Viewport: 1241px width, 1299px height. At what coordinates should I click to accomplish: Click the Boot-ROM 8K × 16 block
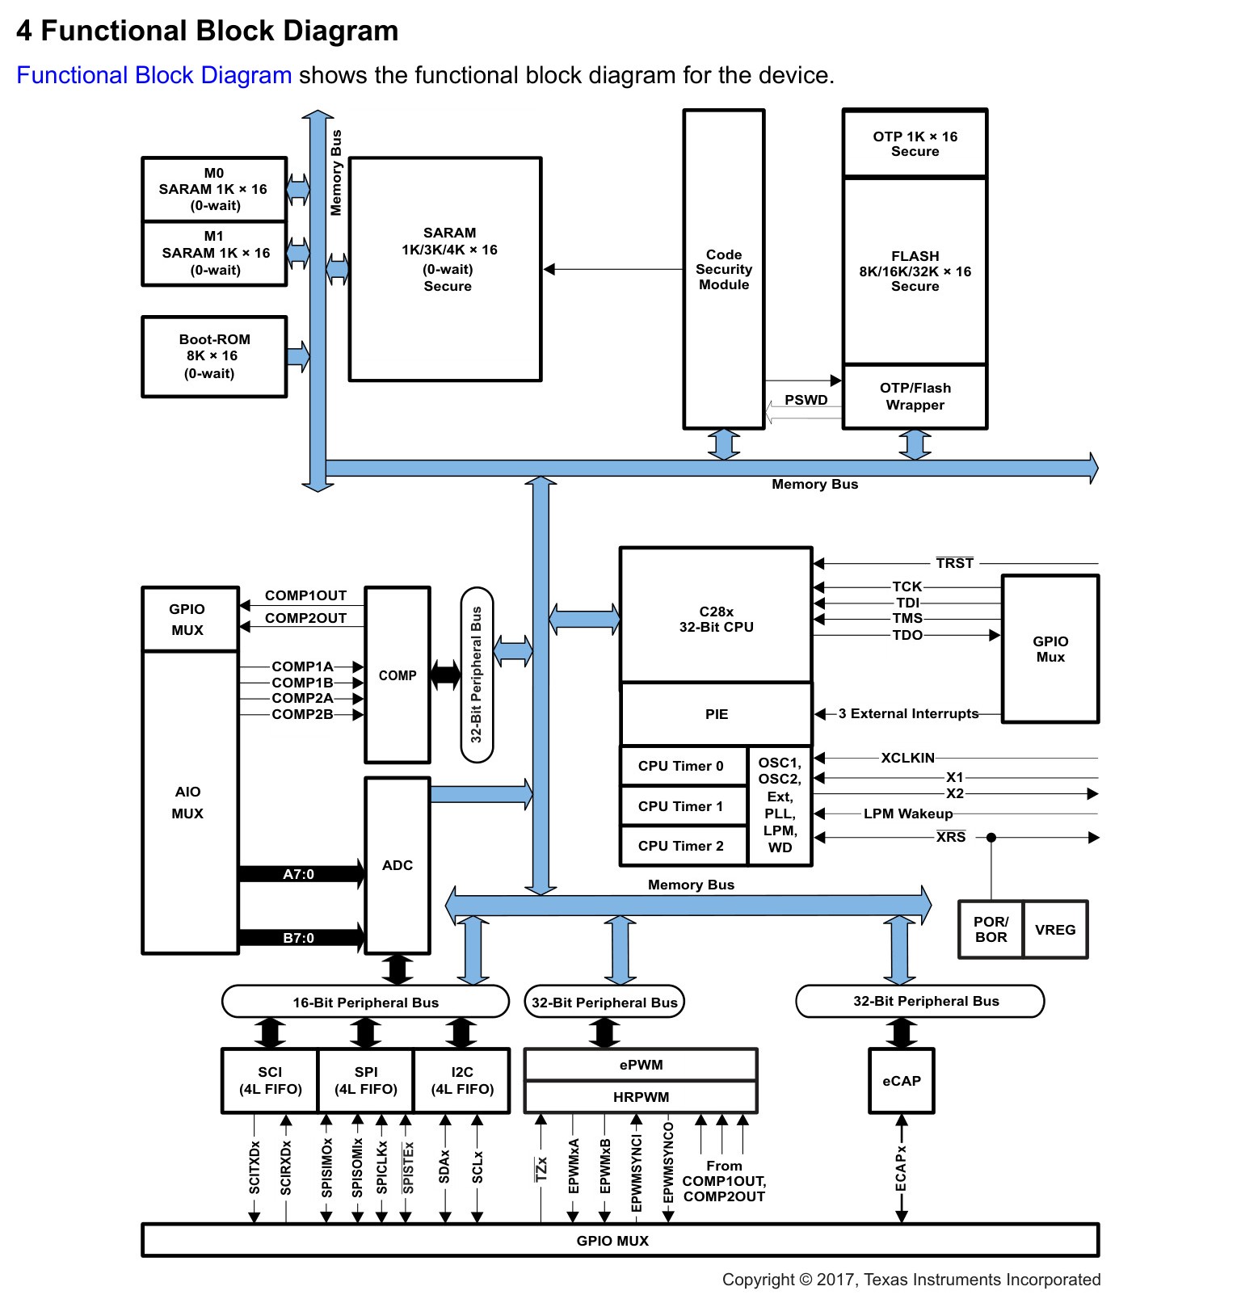[x=214, y=356]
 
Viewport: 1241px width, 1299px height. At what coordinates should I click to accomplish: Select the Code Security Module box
[x=724, y=269]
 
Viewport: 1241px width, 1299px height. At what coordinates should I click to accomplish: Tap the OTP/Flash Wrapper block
[x=915, y=397]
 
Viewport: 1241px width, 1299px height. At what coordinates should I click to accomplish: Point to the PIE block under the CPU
[x=716, y=714]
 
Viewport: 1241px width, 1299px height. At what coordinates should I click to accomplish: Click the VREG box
[x=1055, y=930]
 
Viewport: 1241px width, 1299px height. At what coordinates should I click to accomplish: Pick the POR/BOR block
[x=991, y=930]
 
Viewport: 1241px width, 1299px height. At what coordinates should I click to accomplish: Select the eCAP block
[x=902, y=1081]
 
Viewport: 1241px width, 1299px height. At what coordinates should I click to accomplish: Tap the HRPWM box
[x=641, y=1097]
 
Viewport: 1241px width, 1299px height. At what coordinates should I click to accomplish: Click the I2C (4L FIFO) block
[x=462, y=1081]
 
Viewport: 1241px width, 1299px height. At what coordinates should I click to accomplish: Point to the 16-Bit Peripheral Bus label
[x=365, y=1003]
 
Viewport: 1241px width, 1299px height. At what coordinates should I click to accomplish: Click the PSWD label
[x=806, y=400]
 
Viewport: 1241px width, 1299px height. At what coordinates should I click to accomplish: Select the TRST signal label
[x=955, y=563]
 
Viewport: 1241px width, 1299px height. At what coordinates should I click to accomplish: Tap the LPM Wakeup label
[x=908, y=813]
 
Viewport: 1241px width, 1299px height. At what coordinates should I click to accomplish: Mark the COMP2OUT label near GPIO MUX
[x=305, y=618]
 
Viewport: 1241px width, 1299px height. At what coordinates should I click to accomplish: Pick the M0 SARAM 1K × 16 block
[x=214, y=189]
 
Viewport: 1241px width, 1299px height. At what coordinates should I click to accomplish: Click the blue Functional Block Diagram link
[x=154, y=75]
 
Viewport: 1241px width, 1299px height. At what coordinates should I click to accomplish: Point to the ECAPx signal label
[x=901, y=1168]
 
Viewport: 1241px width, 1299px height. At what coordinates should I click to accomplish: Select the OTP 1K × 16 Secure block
[x=915, y=144]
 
